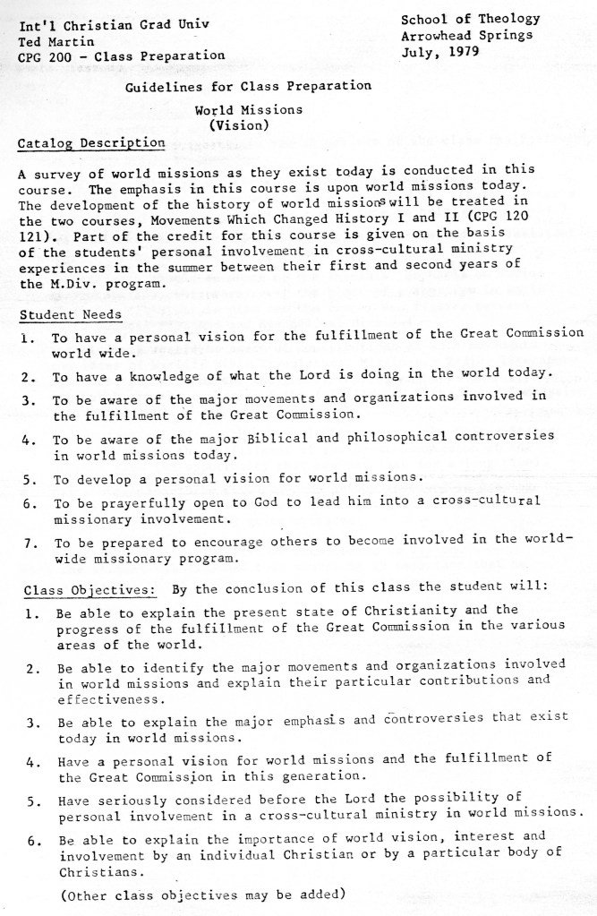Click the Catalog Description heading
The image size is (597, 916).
[91, 143]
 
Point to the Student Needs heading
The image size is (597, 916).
[70, 315]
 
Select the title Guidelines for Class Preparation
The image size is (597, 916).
[248, 86]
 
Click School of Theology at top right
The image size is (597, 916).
[470, 19]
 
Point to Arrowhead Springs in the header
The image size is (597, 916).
[466, 35]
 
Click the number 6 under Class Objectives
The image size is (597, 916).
[31, 843]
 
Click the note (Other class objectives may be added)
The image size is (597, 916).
[201, 894]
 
